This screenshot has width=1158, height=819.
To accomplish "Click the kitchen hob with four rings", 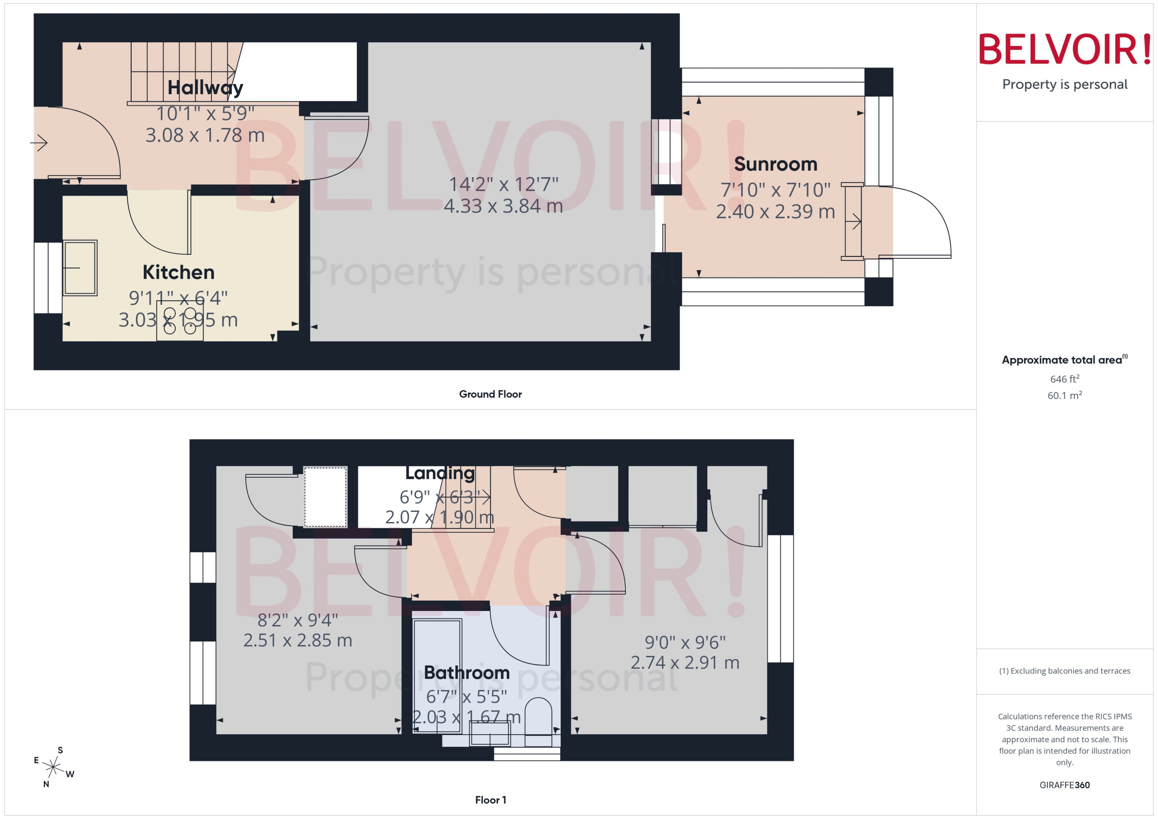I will (x=180, y=321).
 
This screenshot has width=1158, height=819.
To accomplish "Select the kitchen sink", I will (x=80, y=268).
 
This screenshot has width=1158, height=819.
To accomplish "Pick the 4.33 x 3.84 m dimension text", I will (x=503, y=206).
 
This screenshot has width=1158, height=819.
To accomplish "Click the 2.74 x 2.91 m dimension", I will (x=685, y=662).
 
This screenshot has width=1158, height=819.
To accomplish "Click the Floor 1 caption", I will (x=490, y=800).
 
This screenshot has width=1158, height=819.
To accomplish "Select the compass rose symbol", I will (x=53, y=767).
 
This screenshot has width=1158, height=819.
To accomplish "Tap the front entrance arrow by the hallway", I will (x=39, y=143).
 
